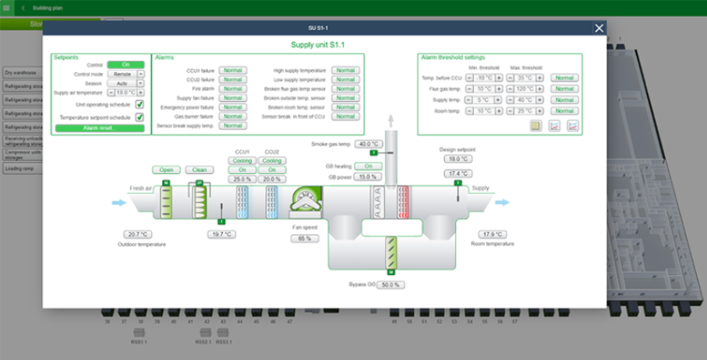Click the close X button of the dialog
[599, 28]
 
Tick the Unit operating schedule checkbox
[140, 104]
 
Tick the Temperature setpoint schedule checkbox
[140, 117]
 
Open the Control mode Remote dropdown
[140, 74]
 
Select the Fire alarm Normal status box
[232, 89]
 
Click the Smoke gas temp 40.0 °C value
[366, 144]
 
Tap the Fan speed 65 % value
[304, 238]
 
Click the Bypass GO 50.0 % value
[391, 285]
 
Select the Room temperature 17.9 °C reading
[493, 234]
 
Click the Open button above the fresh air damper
[166, 170]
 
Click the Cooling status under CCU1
[242, 161]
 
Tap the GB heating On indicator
[364, 166]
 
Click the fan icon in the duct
[305, 201]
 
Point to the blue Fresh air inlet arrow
[118, 203]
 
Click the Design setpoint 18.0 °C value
[458, 159]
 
